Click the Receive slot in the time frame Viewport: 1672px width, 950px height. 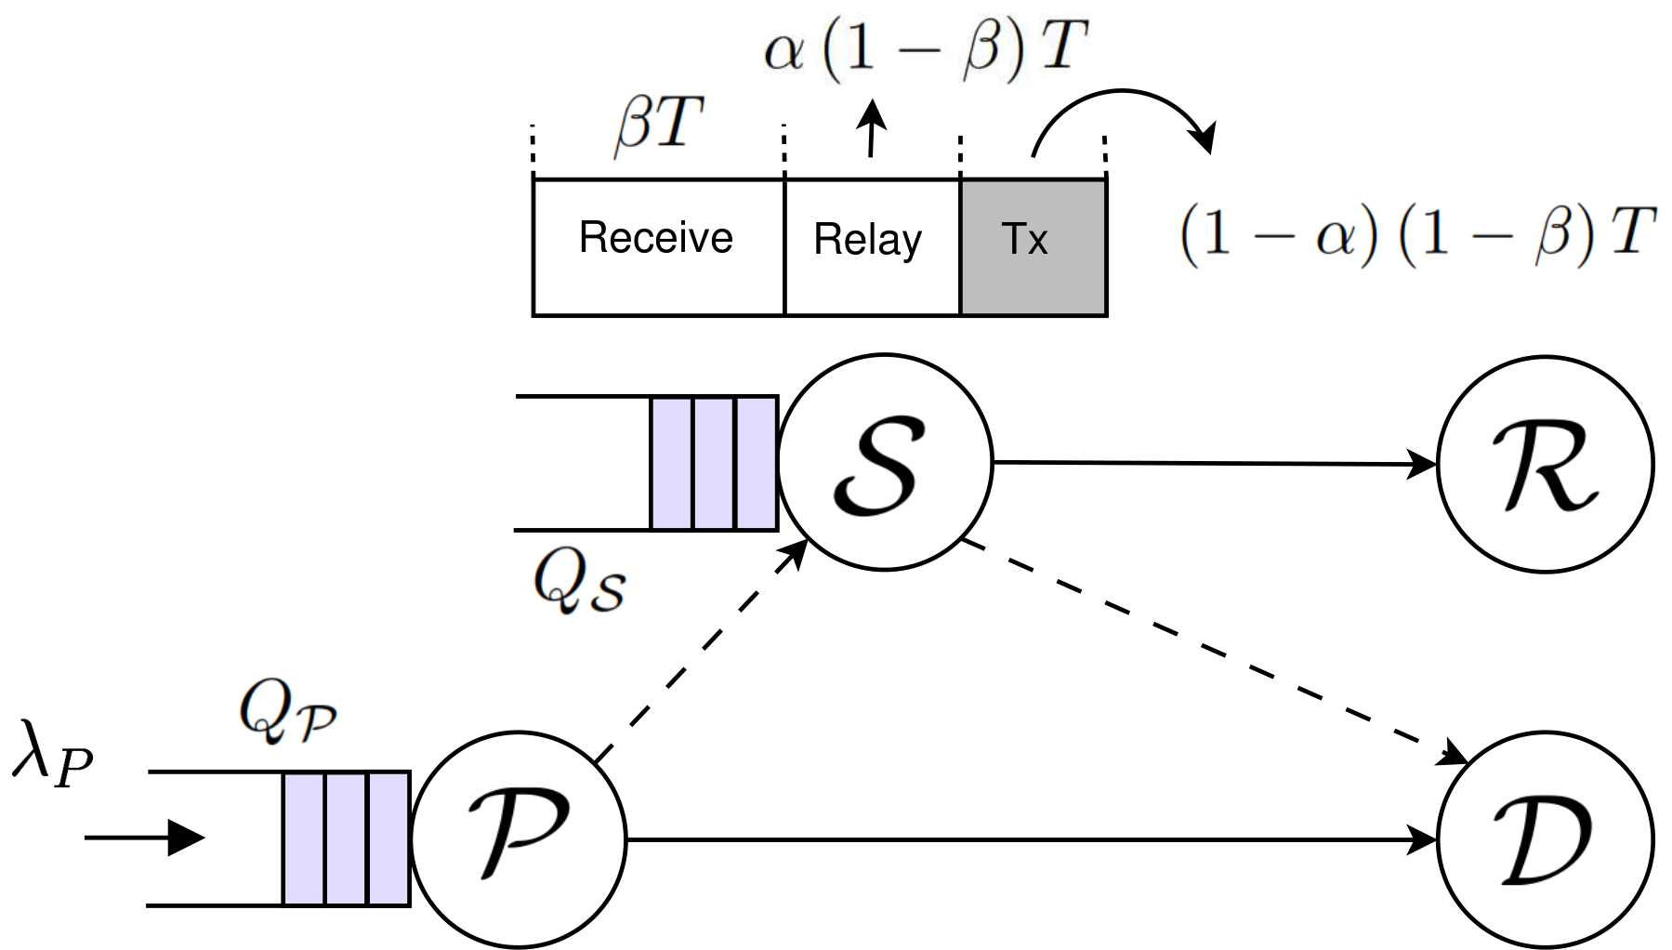pos(659,247)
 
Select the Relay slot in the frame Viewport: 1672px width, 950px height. pos(873,247)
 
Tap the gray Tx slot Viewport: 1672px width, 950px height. pos(1033,247)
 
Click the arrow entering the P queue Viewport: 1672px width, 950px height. pos(144,838)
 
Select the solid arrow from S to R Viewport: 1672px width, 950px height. pos(1216,462)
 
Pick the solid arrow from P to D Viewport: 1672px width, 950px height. pos(1033,839)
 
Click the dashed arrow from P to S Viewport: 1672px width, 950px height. pos(701,653)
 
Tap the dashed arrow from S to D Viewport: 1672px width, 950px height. pos(1215,653)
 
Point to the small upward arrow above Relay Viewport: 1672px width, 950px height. pos(871,127)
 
